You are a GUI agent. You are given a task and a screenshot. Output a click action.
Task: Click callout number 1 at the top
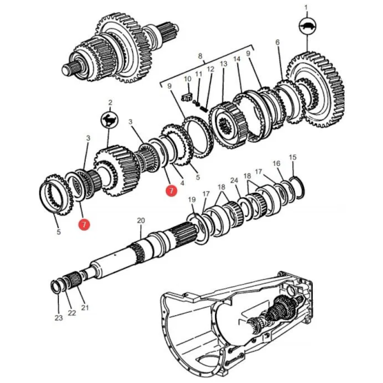pyautogui.click(x=305, y=8)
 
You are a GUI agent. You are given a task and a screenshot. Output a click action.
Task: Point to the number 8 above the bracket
pyautogui.click(x=200, y=57)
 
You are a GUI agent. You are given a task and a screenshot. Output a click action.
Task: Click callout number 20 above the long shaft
pyautogui.click(x=141, y=222)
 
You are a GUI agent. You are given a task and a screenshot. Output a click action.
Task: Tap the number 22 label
pyautogui.click(x=72, y=312)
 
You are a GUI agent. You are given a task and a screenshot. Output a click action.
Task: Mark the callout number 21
pyautogui.click(x=85, y=308)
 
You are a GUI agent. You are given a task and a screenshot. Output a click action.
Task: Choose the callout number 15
pyautogui.click(x=292, y=157)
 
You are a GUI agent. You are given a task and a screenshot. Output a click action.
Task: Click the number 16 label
pyautogui.click(x=276, y=163)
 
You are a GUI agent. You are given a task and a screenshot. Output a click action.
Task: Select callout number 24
pyautogui.click(x=234, y=181)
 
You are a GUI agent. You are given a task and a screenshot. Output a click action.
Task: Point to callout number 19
pyautogui.click(x=191, y=201)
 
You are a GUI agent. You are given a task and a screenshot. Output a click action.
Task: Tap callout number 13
pyautogui.click(x=224, y=64)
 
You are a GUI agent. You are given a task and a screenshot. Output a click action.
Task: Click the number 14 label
pyautogui.click(x=237, y=59)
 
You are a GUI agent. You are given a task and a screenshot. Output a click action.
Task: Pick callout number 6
pyautogui.click(x=278, y=42)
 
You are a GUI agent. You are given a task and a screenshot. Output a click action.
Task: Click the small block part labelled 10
pyautogui.click(x=187, y=96)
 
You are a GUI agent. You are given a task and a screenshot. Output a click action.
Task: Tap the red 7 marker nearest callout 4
pyautogui.click(x=170, y=190)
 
